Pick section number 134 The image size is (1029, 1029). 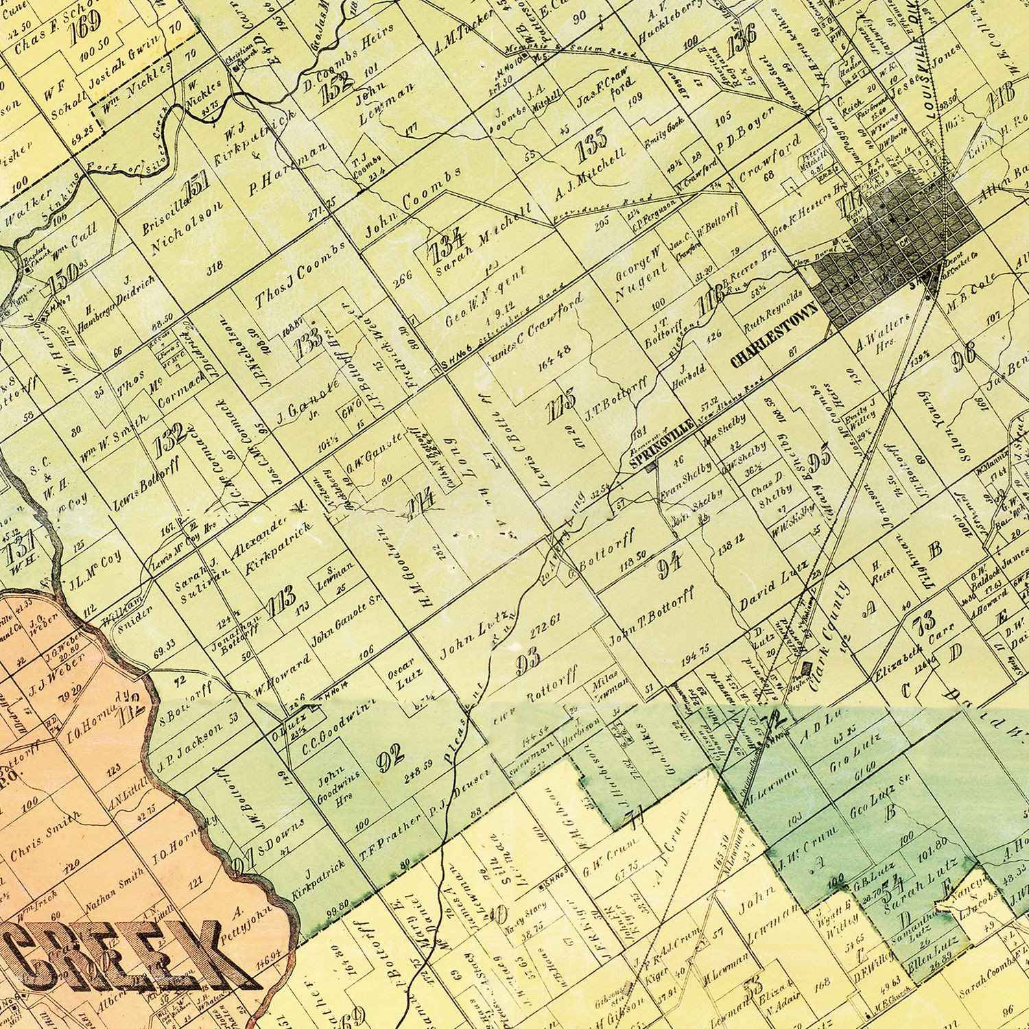point(447,248)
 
